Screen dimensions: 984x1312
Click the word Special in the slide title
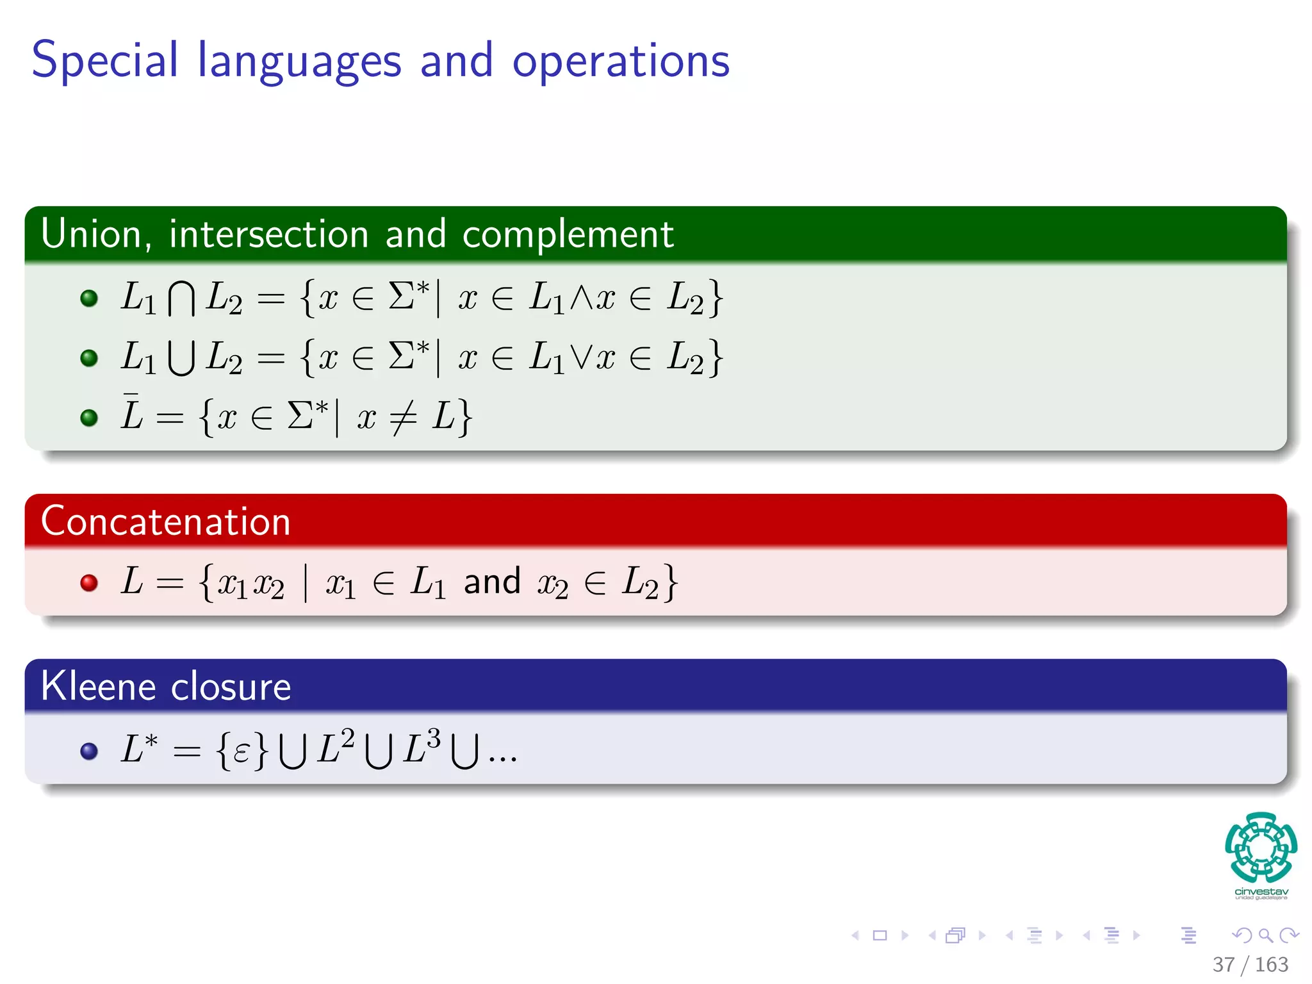click(x=104, y=61)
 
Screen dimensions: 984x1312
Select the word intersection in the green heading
click(x=269, y=234)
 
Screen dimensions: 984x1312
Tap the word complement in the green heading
click(x=568, y=235)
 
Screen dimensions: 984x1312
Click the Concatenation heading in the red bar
click(x=165, y=521)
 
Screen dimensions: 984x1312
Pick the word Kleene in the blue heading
click(x=98, y=686)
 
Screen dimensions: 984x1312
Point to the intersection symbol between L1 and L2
click(x=181, y=299)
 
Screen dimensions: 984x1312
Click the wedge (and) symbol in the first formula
click(x=581, y=297)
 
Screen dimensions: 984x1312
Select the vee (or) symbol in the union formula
click(x=581, y=357)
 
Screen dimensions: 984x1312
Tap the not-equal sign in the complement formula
click(x=404, y=417)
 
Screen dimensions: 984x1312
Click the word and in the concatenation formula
click(x=491, y=582)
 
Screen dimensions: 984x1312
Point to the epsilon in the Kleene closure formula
click(x=242, y=751)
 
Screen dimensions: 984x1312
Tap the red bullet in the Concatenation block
click(x=89, y=583)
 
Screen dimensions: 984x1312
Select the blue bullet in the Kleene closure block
click(x=89, y=751)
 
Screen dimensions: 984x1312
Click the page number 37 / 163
click(x=1250, y=964)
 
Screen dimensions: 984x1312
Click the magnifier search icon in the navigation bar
click(x=1265, y=935)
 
